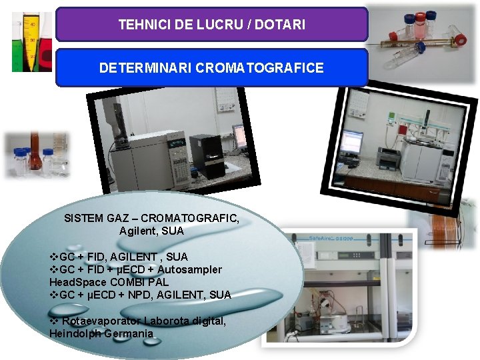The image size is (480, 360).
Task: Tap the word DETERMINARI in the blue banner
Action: click(x=145, y=68)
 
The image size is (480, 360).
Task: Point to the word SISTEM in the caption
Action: click(x=81, y=218)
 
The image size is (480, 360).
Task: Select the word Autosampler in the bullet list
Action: click(x=193, y=269)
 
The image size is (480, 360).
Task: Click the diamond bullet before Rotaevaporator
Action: click(x=53, y=321)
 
